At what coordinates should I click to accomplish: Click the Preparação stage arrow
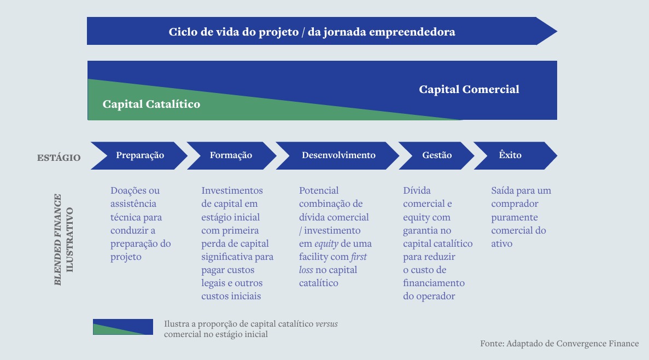tap(139, 155)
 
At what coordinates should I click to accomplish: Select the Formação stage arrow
tap(231, 155)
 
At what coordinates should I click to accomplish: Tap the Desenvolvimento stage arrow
tap(338, 155)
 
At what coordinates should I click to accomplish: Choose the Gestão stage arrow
tap(436, 155)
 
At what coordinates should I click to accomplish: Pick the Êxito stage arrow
tap(514, 155)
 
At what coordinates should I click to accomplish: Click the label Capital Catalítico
tap(151, 104)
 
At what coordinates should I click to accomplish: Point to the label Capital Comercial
tap(469, 90)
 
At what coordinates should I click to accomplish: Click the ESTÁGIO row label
tap(59, 158)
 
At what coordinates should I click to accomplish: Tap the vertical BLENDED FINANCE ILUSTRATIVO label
tap(63, 240)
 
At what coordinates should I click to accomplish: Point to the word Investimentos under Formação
tap(232, 190)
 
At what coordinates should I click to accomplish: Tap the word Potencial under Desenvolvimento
tap(319, 190)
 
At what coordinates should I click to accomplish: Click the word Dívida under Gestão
tap(417, 190)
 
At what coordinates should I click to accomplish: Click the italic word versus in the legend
tap(326, 324)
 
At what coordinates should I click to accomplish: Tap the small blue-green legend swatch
tap(123, 327)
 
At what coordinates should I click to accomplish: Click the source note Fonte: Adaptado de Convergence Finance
tap(559, 344)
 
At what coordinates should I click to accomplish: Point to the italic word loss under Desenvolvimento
tap(306, 270)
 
